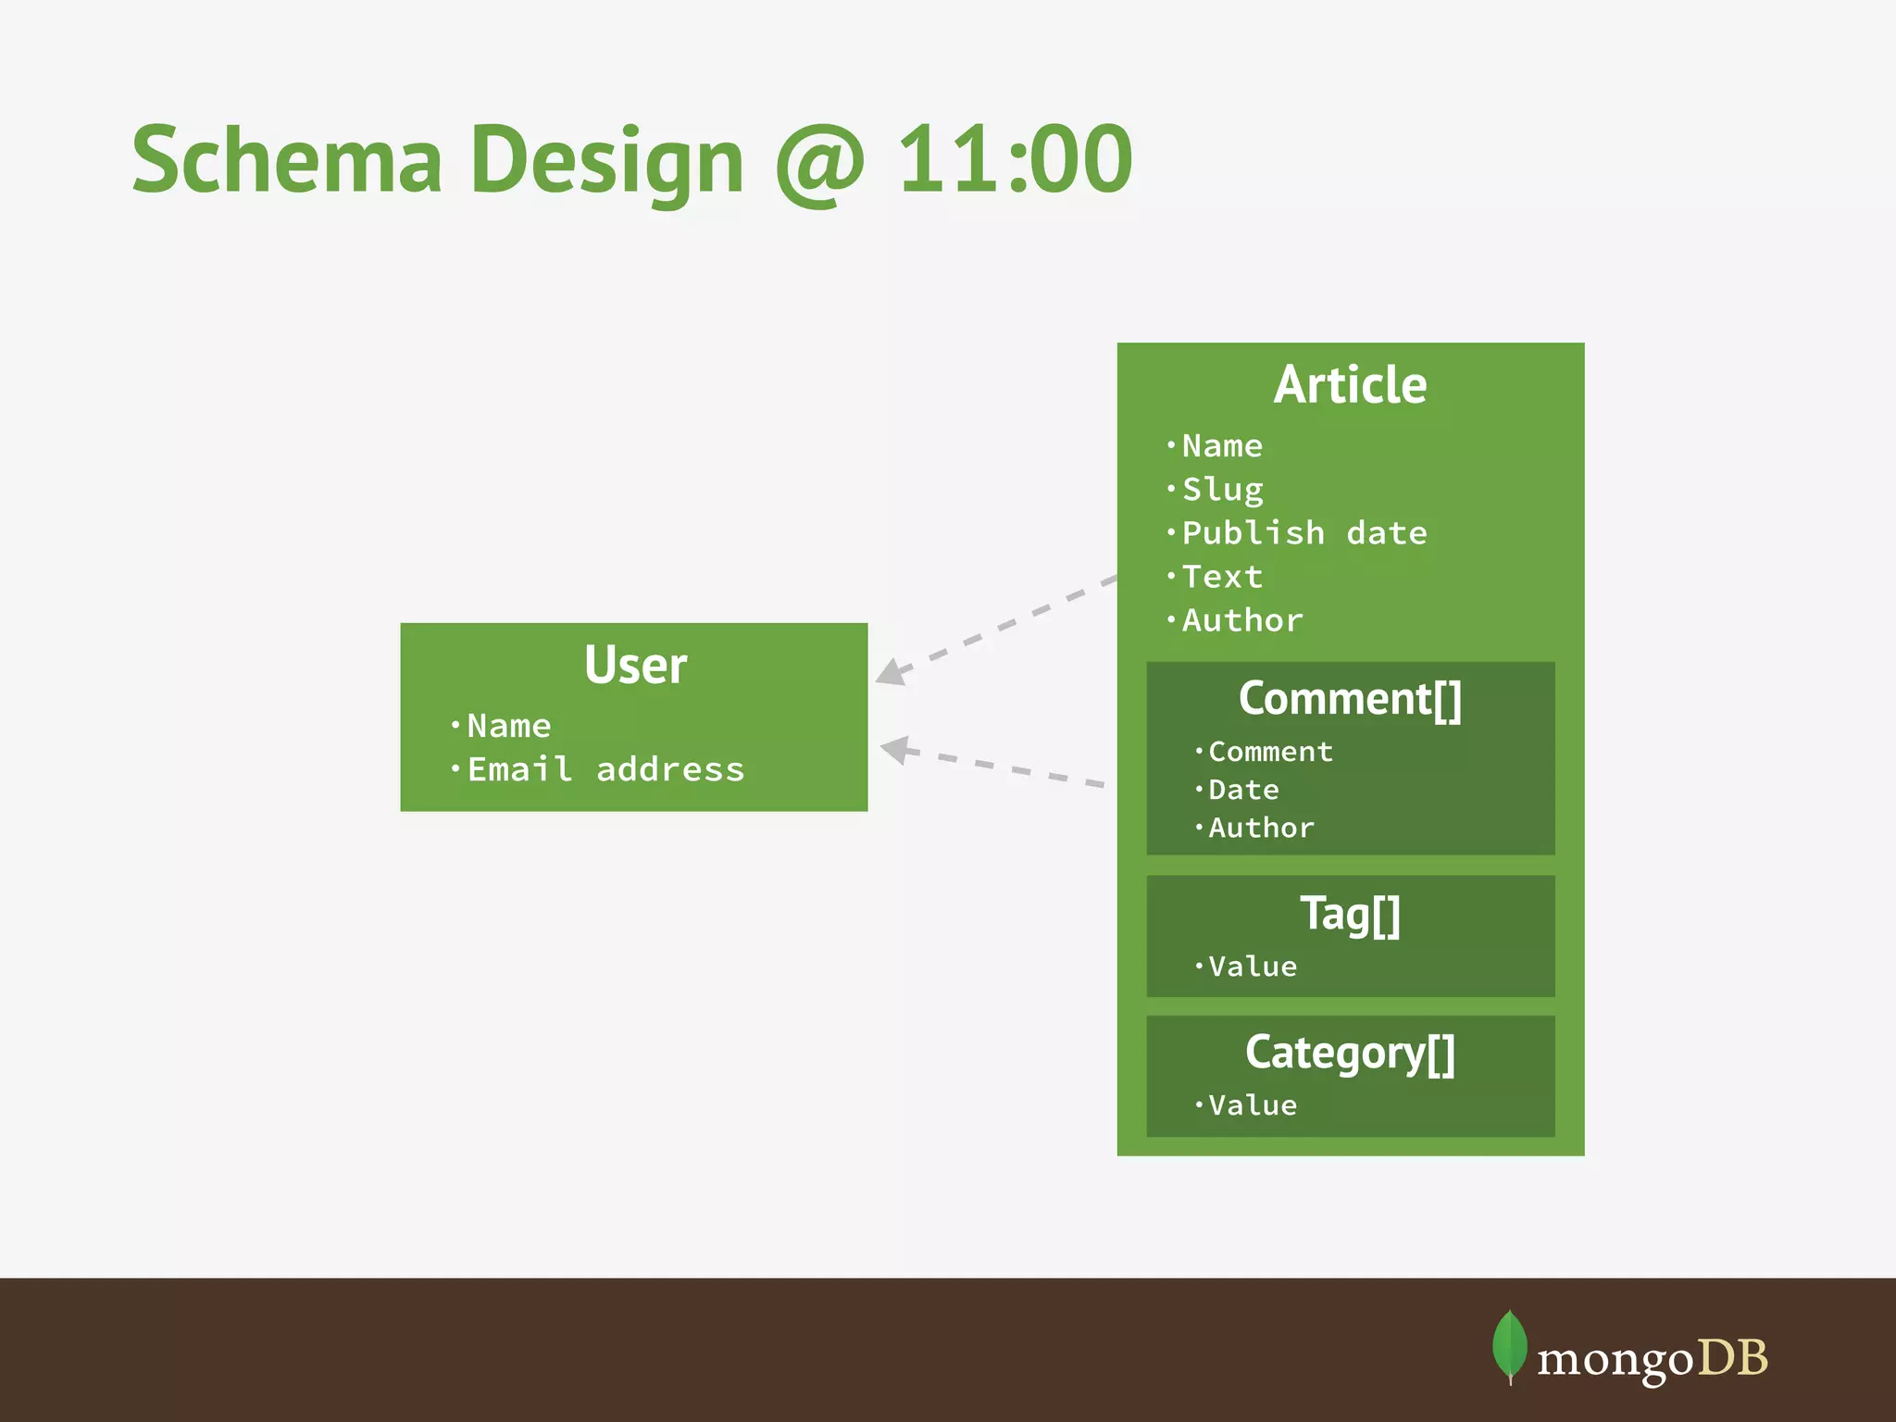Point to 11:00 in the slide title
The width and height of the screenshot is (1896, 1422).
click(x=1015, y=160)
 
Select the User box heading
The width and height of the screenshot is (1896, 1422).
click(x=635, y=665)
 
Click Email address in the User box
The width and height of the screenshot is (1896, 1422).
click(x=605, y=769)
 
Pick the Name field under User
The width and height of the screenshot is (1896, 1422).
click(x=508, y=726)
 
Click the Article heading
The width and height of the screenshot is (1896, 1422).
click(x=1350, y=385)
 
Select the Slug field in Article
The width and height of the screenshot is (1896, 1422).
click(x=1222, y=489)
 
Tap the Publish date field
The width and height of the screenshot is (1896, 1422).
click(x=1303, y=533)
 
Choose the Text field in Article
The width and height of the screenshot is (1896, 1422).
click(x=1222, y=577)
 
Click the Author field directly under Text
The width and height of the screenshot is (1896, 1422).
click(x=1241, y=620)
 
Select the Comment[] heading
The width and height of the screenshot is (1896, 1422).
click(x=1350, y=699)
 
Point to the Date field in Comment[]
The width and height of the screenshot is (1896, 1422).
click(x=1243, y=790)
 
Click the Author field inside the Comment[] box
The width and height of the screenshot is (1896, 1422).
click(x=1261, y=828)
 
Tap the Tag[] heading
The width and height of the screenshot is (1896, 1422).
click(x=1350, y=914)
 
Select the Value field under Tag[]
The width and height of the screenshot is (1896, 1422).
click(x=1252, y=967)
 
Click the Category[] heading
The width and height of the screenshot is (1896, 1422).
click(x=1350, y=1054)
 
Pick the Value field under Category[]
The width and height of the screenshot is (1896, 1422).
click(x=1252, y=1105)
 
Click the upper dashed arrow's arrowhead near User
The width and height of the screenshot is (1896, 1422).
click(x=891, y=672)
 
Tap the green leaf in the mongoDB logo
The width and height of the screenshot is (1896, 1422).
click(x=1509, y=1345)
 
